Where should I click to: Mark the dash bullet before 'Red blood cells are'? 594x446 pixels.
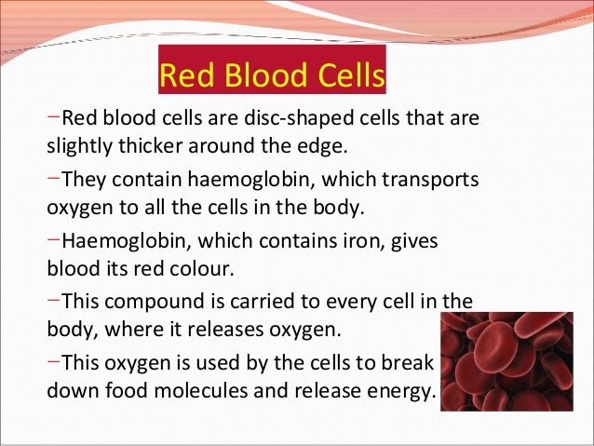(x=54, y=119)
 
